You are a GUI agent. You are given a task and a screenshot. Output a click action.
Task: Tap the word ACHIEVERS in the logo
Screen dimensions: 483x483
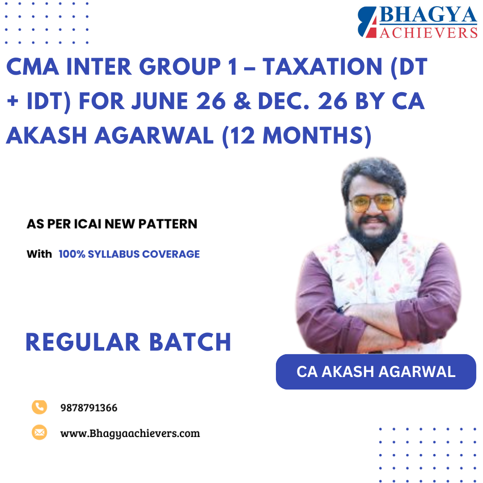point(428,32)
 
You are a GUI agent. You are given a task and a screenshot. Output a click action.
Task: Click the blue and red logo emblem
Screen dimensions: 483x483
point(368,22)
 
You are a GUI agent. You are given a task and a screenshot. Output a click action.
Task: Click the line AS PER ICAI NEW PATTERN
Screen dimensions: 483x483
point(112,224)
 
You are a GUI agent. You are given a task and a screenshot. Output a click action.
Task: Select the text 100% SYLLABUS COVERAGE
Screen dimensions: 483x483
point(129,254)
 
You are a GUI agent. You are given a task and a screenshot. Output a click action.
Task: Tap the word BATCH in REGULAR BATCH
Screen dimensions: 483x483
point(190,342)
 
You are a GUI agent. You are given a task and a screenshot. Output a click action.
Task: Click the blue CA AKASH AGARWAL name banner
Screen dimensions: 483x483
point(376,372)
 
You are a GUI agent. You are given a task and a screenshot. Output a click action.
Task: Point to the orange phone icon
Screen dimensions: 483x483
point(39,407)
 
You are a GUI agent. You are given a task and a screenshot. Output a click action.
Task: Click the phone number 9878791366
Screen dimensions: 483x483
point(89,408)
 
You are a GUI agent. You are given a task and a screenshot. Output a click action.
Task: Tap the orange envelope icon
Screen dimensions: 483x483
point(39,432)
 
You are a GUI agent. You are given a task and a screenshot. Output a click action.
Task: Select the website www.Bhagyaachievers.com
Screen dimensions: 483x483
point(130,433)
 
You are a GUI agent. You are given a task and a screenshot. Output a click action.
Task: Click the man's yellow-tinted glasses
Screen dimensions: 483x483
point(373,203)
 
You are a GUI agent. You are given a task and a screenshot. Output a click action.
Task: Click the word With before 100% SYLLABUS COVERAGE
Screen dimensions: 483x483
point(39,254)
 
